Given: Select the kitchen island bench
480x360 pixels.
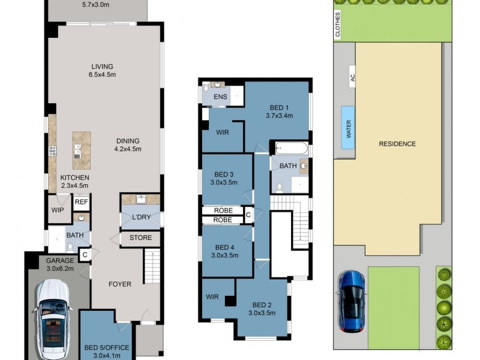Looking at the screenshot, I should [x=77, y=150].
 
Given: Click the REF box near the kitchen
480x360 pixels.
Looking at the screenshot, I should [x=82, y=202].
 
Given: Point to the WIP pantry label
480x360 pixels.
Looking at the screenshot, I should [x=58, y=211].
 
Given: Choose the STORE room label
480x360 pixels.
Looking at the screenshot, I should [x=140, y=238].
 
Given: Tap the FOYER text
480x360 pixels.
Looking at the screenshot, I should [x=120, y=284].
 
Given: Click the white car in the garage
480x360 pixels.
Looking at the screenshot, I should [x=52, y=318].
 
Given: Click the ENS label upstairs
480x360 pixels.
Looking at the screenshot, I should [x=220, y=97].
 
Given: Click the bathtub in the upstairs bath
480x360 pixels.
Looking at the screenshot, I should [x=291, y=148].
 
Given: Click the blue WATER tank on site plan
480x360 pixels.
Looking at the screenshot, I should [x=348, y=127].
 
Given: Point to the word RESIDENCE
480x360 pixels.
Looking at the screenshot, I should [x=397, y=144].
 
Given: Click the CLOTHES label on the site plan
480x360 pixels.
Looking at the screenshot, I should [x=338, y=25].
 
